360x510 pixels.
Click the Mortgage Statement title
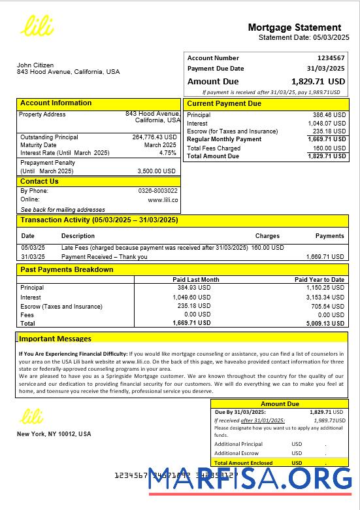[x=294, y=27]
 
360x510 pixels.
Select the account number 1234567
[x=331, y=58]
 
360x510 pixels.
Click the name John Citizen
[x=35, y=65]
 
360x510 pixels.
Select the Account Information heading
[x=56, y=103]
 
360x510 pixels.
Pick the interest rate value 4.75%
[x=168, y=153]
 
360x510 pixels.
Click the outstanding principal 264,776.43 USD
[x=154, y=137]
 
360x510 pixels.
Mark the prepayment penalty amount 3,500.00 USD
[x=157, y=171]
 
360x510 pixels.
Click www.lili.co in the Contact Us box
[x=163, y=200]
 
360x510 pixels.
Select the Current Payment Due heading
[x=224, y=104]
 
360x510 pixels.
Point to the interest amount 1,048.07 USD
[x=329, y=123]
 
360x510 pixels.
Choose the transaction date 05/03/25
[x=33, y=248]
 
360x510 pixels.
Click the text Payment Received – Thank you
[x=104, y=257]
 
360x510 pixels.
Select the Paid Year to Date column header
[x=319, y=280]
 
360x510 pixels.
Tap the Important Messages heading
[x=55, y=339]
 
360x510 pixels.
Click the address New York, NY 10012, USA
[x=54, y=434]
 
